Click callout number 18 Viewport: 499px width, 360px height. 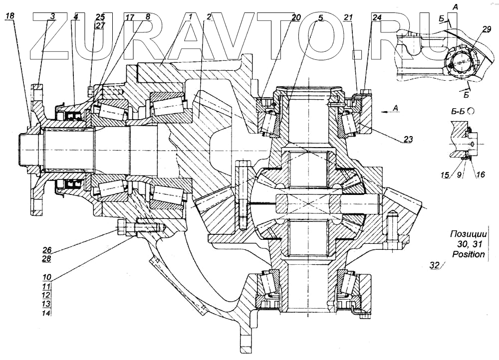click(10, 17)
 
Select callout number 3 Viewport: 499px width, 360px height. click(52, 17)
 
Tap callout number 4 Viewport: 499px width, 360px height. click(75, 17)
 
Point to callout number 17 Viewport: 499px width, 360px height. click(129, 17)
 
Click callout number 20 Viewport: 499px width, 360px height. click(296, 17)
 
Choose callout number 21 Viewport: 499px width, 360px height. click(348, 17)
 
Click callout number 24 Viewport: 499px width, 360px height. click(377, 17)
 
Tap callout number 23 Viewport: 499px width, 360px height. click(408, 140)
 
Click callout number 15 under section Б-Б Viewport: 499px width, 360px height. click(444, 176)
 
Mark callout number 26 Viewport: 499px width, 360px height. click(46, 249)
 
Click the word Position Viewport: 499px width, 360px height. click(468, 254)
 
